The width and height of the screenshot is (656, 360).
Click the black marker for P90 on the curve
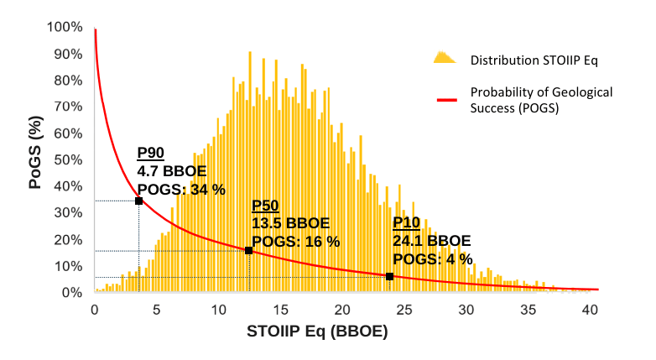click(x=138, y=201)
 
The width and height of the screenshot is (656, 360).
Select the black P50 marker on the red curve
click(x=248, y=250)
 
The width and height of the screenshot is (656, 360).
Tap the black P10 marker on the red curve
click(x=389, y=276)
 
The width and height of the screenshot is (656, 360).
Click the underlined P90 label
click(x=150, y=153)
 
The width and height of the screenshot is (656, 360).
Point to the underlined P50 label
click(x=265, y=206)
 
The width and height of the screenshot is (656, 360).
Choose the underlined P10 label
click(x=406, y=222)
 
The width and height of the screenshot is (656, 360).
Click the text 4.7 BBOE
click(x=173, y=171)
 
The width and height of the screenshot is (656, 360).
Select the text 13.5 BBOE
click(x=290, y=223)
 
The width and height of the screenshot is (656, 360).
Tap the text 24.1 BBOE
click(x=431, y=241)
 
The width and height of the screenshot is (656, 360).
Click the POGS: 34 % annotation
click(x=181, y=190)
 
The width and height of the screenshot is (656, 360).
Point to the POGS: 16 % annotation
click(x=295, y=242)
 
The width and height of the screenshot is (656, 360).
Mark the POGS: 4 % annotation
click(x=433, y=258)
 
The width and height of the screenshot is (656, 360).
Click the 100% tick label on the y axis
click(x=65, y=27)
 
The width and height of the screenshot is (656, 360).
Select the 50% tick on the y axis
click(x=68, y=160)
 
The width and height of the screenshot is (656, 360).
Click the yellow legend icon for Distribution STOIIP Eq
click(x=444, y=59)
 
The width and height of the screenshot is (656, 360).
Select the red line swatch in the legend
click(x=450, y=100)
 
